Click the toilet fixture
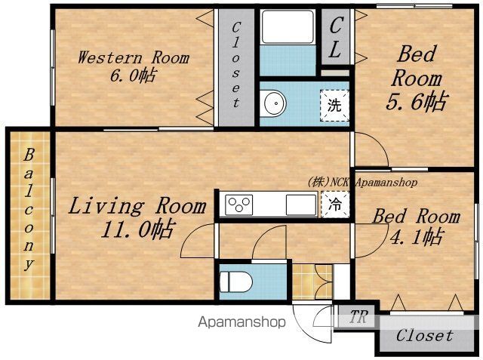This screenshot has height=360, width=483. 236,282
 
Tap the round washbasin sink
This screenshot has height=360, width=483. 273,103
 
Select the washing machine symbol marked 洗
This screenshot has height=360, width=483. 334,105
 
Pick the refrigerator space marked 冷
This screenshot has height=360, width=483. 335,205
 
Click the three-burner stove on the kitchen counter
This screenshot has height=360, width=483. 239,205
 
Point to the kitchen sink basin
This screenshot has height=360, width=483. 301,205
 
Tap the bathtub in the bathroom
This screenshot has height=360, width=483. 288,27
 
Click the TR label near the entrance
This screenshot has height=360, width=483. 359,316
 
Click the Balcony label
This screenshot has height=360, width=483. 29,209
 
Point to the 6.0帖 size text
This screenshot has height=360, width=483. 133,75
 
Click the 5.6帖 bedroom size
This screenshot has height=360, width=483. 416,101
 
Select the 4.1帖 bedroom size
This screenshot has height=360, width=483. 416,236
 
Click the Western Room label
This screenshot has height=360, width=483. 134,57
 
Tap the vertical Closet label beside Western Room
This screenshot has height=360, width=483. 235,65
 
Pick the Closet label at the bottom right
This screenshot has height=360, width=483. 425,335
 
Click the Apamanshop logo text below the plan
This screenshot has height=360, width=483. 241,322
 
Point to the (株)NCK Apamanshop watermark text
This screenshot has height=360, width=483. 362,183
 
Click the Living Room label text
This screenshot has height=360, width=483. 137,206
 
